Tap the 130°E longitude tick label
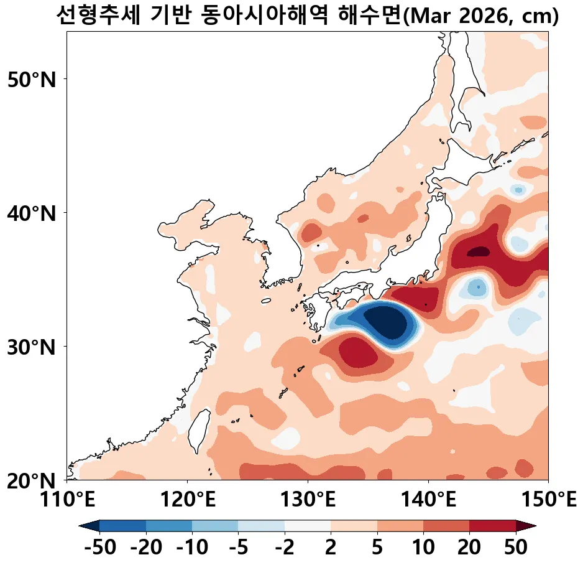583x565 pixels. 308,499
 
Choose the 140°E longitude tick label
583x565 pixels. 428,499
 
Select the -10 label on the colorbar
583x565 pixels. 192,548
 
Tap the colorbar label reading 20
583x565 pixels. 469,548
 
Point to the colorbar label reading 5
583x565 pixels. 377,548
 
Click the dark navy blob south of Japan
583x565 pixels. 387,322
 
